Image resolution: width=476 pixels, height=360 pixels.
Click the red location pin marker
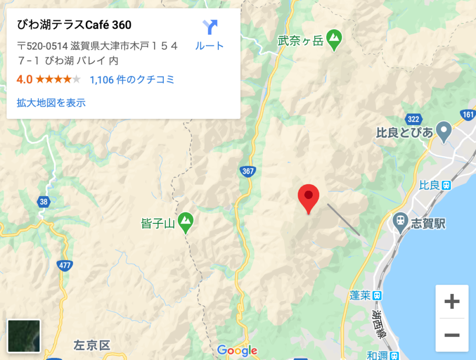tap(309, 197)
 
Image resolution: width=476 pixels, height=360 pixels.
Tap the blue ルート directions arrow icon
tap(210, 26)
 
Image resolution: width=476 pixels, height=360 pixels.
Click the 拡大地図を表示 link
tap(51, 103)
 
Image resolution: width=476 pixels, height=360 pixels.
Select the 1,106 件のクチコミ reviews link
tap(132, 79)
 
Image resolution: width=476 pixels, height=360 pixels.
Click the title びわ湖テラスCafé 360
tap(74, 25)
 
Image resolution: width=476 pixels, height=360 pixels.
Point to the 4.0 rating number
tap(24, 79)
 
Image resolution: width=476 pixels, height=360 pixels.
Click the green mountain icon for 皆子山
tap(186, 221)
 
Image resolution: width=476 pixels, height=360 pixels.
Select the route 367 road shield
tap(247, 171)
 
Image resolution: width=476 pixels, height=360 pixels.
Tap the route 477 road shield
tap(64, 265)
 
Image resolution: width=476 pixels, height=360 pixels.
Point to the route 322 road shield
tap(413, 118)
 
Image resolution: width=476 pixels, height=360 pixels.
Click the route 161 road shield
tap(468, 114)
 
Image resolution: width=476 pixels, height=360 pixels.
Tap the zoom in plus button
tap(452, 301)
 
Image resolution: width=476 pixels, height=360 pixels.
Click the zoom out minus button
tap(452, 334)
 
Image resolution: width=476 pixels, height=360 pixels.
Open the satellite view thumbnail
tap(23, 336)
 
